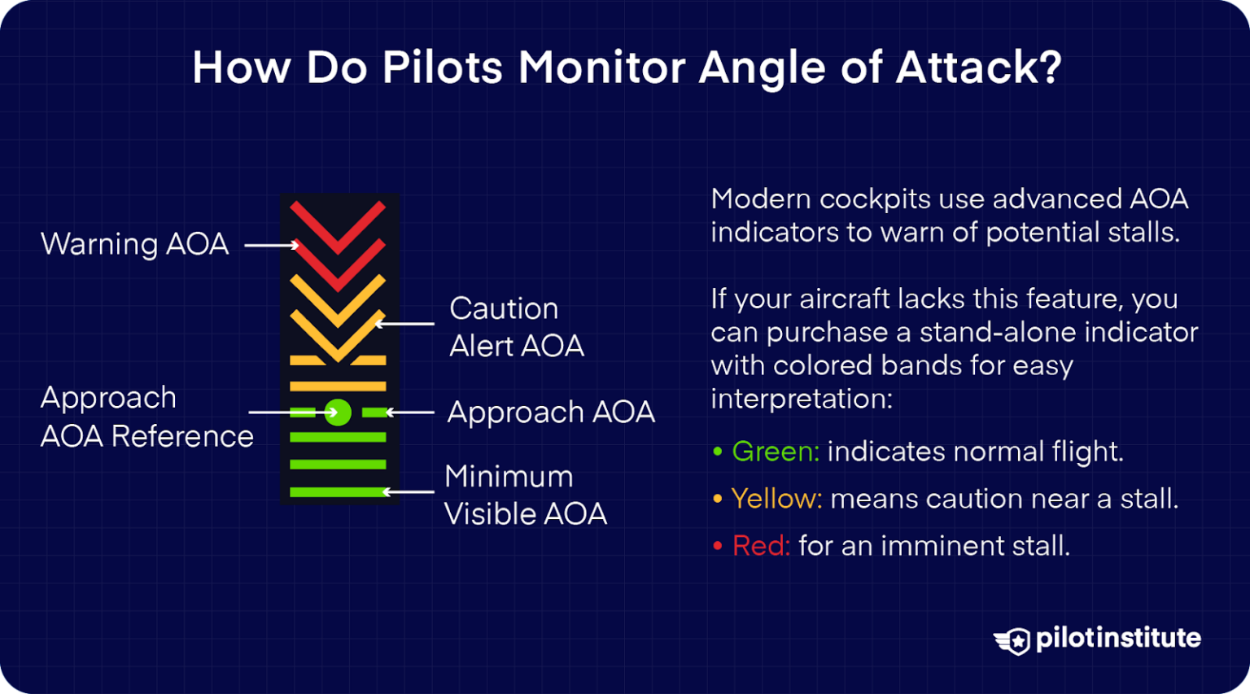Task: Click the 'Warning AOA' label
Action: [134, 244]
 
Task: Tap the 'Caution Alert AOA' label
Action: [516, 327]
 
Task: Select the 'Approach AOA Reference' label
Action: [146, 417]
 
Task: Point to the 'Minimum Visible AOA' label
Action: [525, 495]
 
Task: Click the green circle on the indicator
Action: [338, 412]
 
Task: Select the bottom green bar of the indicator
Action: [338, 491]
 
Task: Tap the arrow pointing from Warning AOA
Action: [272, 245]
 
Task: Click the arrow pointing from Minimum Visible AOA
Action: [409, 491]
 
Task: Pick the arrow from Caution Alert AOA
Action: [404, 324]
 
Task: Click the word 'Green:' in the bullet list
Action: [776, 452]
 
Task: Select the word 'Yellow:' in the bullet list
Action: [776, 499]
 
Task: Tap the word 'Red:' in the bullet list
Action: [761, 546]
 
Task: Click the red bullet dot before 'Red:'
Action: [718, 546]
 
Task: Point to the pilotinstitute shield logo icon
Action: [1013, 640]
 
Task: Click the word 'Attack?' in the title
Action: [979, 68]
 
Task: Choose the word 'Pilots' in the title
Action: [443, 68]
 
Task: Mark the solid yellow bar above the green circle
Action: [338, 386]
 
